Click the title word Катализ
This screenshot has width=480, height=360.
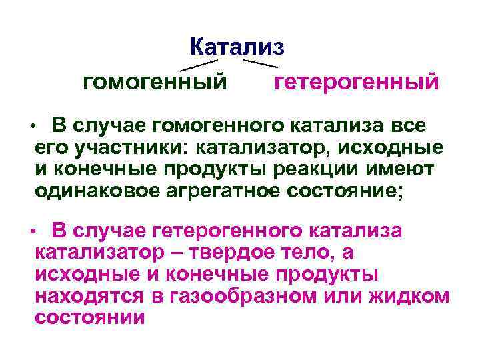click(237, 46)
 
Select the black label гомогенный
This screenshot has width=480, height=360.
click(153, 83)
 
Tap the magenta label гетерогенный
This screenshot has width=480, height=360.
click(357, 83)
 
